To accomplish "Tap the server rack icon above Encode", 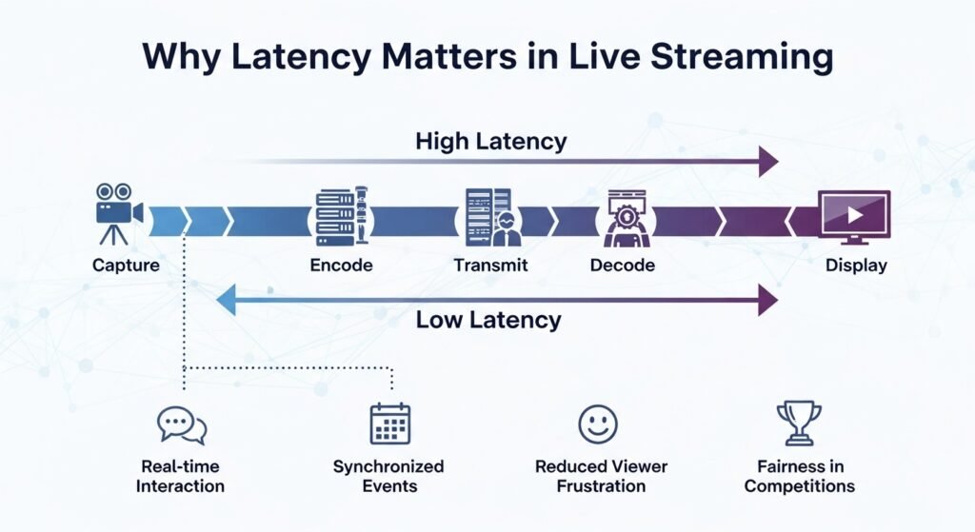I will pos(340,217).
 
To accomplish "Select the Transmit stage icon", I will pos(491,217).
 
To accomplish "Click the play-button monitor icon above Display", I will pos(854,216).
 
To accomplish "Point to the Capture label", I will pos(126,266).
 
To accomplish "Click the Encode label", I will pos(341,266).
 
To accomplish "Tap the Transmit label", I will pos(490,266).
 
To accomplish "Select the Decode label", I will pos(622,266).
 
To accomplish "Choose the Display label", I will pos(855,266).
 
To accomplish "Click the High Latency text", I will pos(490,142).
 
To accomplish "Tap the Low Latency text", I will pos(487,320).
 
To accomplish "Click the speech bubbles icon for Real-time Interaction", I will pos(181,424).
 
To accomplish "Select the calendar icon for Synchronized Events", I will pos(389,424).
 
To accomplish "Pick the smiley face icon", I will pos(598,424).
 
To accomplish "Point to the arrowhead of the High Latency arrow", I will pos(767,163).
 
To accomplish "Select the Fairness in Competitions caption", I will pos(799,476).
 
